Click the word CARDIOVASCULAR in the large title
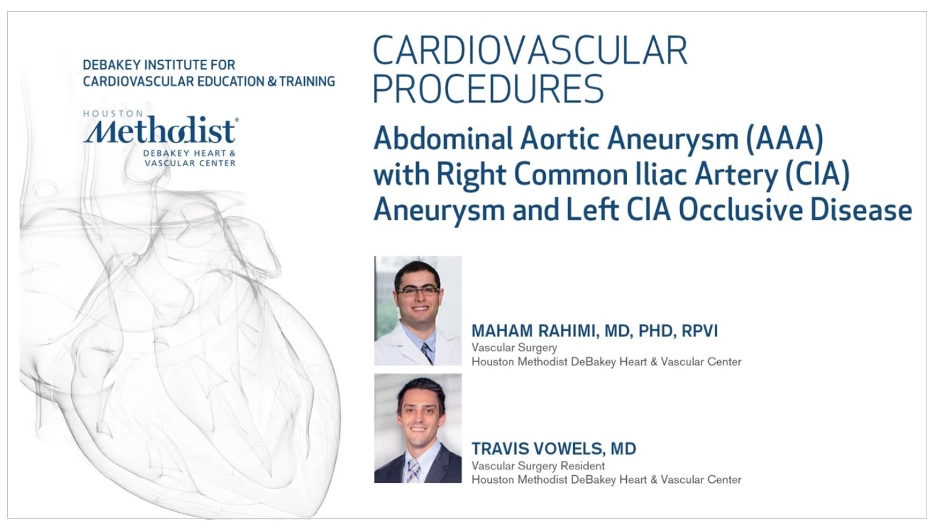(x=530, y=51)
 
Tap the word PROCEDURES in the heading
(x=488, y=89)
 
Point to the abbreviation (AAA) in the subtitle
(x=784, y=140)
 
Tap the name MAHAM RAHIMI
(x=534, y=331)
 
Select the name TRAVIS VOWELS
(x=537, y=449)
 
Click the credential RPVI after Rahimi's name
(x=700, y=331)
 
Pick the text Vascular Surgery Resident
(x=538, y=466)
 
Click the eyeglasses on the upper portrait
(x=418, y=291)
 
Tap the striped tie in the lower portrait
(x=413, y=471)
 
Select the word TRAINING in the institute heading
(x=307, y=81)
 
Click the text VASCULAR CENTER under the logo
(x=190, y=163)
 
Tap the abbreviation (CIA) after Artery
(x=817, y=175)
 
